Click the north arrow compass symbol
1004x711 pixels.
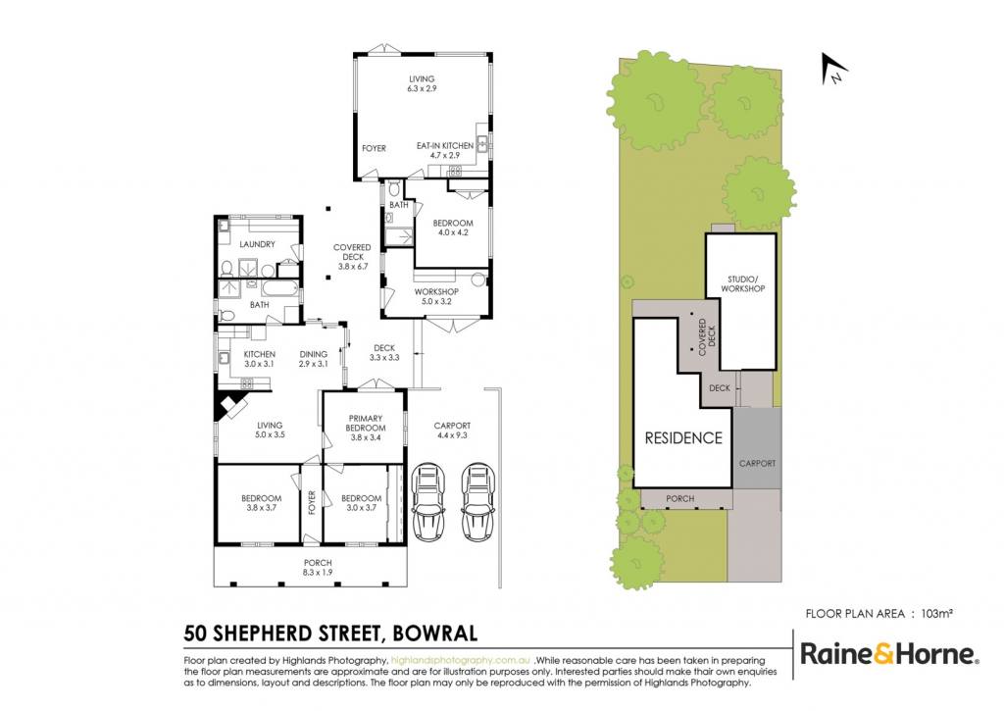pos(833,69)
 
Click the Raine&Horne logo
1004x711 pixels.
pos(889,655)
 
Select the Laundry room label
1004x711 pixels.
pos(258,244)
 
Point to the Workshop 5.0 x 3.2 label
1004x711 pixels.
pos(436,296)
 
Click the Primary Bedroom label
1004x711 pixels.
pos(366,428)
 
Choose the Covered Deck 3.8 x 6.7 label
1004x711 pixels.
pos(352,257)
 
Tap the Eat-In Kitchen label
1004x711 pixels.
pos(445,150)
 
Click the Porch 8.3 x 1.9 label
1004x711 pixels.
pos(318,568)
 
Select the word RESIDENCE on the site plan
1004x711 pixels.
pos(683,438)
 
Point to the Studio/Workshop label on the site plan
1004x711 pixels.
pos(743,283)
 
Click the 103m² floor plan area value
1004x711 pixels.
pos(936,614)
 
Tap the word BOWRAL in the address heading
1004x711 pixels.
pos(434,634)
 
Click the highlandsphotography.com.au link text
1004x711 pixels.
pos(461,660)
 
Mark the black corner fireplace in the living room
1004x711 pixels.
pos(228,406)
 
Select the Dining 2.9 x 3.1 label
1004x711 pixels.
pos(314,359)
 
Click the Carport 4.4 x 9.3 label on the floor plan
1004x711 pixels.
pos(452,430)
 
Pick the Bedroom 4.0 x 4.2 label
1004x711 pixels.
pos(453,228)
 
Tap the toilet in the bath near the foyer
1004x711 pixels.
pos(394,187)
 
